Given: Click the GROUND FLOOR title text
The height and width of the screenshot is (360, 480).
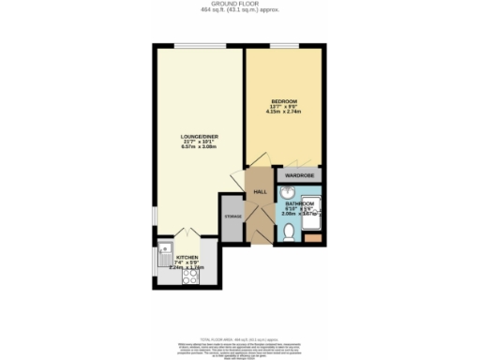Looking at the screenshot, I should coord(240,4).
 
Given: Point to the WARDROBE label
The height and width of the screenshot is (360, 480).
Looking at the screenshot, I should coord(298,174).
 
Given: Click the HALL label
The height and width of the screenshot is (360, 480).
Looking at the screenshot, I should coord(260,192).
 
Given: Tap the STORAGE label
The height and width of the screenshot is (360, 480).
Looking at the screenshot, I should coord(232,217).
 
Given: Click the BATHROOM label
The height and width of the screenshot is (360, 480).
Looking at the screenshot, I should coord(300,202).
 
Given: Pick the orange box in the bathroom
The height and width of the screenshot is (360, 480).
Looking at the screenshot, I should coord(312,239).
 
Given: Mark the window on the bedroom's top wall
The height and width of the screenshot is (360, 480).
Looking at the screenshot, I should coord(283,44).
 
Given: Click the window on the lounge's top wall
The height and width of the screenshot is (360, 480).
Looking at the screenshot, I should coord(197,44).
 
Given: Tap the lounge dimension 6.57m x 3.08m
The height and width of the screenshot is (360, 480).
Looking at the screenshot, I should coord(199,147).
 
